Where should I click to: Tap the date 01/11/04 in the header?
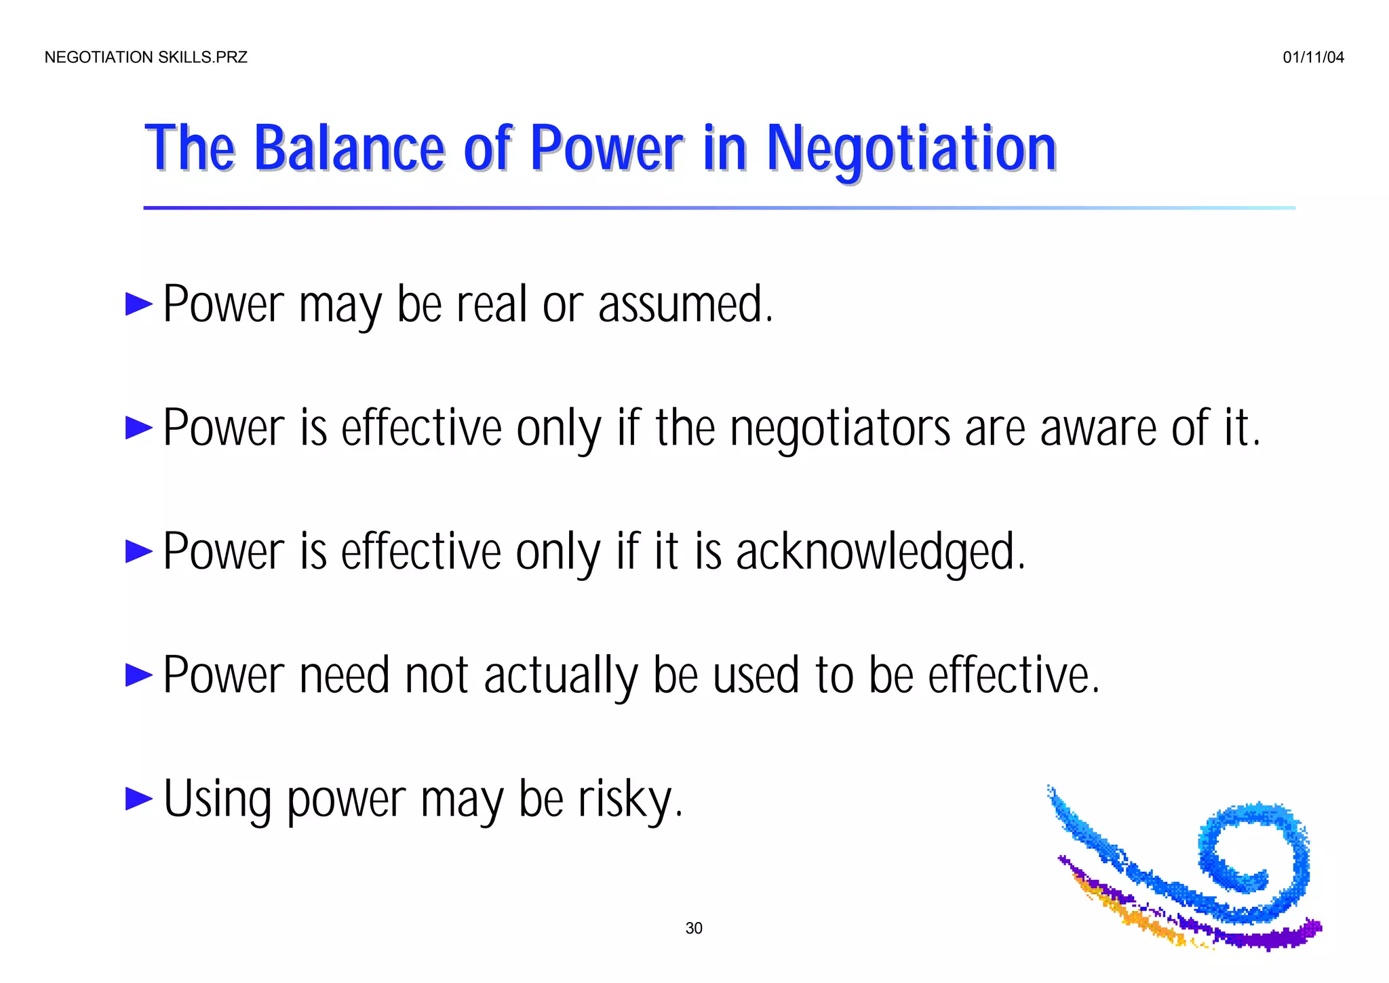coord(1313,58)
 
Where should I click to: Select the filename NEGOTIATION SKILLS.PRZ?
coord(146,58)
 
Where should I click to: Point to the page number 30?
coord(694,928)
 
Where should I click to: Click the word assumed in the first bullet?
coord(685,304)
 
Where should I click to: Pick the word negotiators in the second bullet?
coord(840,429)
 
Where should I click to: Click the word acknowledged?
coord(880,553)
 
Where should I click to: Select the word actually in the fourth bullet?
coord(561,677)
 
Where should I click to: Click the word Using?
coord(217,800)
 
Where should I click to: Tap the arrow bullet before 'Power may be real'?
coord(139,304)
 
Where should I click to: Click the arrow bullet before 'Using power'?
coord(139,799)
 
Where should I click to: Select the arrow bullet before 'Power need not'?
coord(139,675)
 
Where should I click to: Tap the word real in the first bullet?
coord(492,304)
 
